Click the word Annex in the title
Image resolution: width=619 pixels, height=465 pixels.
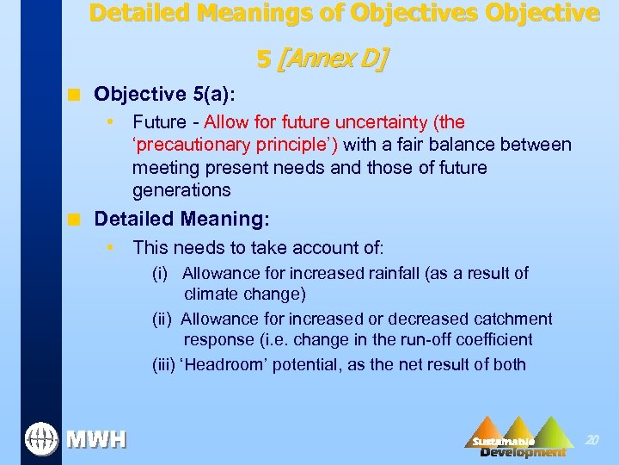click(x=317, y=59)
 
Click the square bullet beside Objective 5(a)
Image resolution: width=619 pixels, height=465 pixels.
click(x=77, y=93)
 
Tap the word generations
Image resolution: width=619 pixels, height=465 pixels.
click(x=181, y=189)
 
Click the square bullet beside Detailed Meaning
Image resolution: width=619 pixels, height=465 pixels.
click(x=77, y=220)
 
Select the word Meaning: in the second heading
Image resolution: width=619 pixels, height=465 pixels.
click(x=227, y=220)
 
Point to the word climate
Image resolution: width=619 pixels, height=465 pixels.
click(x=211, y=294)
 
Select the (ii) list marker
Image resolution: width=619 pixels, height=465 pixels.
click(x=162, y=319)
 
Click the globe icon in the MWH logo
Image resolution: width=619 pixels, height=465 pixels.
click(x=40, y=438)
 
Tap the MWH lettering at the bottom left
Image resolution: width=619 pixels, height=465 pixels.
click(x=96, y=440)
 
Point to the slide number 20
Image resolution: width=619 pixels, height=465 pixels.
click(x=591, y=439)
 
